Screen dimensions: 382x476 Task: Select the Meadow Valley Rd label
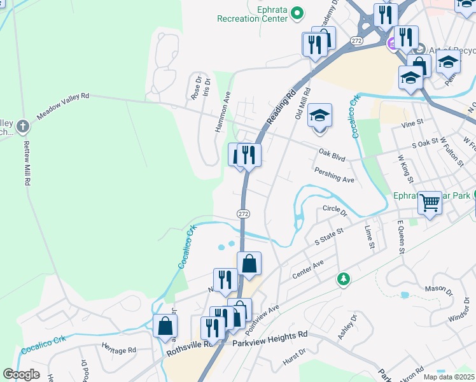coord(63,106)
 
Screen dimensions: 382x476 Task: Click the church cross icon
coord(23,125)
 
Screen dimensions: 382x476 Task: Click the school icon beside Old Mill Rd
coord(320,117)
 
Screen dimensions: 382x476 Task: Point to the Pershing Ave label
coord(334,175)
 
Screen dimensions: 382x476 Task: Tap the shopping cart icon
coord(430,203)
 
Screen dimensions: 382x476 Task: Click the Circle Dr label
coord(335,208)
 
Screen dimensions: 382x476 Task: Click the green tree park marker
coord(343,279)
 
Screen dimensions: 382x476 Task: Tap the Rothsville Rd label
coord(188,348)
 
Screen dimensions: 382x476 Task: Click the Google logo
coord(21,374)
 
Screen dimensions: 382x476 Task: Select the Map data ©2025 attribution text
coord(449,377)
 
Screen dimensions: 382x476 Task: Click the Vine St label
coord(413,122)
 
